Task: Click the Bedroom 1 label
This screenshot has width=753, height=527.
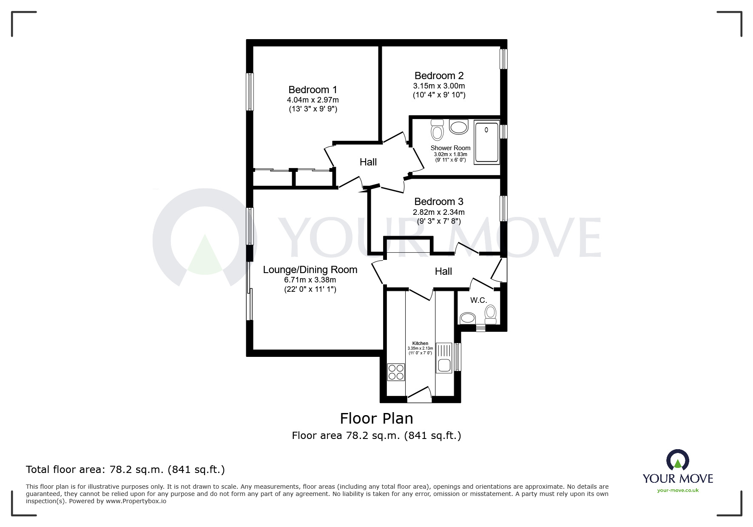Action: [x=313, y=90]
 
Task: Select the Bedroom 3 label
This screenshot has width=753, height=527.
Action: [x=439, y=202]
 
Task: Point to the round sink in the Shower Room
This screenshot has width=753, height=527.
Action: [x=458, y=127]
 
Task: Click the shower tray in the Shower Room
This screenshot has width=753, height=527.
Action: [x=486, y=142]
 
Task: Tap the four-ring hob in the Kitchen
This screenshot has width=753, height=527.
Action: [x=396, y=372]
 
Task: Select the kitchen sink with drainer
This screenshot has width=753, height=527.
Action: [x=444, y=359]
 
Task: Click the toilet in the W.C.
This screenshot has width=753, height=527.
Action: [x=491, y=315]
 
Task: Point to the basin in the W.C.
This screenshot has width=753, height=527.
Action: [x=468, y=318]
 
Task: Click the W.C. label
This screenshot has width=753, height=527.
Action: [x=478, y=300]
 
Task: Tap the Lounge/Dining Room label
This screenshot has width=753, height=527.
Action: [x=310, y=270]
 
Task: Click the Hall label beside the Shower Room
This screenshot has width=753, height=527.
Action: [x=368, y=162]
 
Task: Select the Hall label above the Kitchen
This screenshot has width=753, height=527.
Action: [x=443, y=271]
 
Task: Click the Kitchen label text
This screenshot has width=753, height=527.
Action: [x=420, y=343]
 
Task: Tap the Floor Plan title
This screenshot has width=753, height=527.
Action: [x=376, y=419]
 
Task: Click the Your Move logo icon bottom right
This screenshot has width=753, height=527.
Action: [x=677, y=460]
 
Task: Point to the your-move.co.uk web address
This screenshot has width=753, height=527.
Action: [x=678, y=490]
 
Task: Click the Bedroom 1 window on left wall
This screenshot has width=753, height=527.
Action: [x=250, y=92]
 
